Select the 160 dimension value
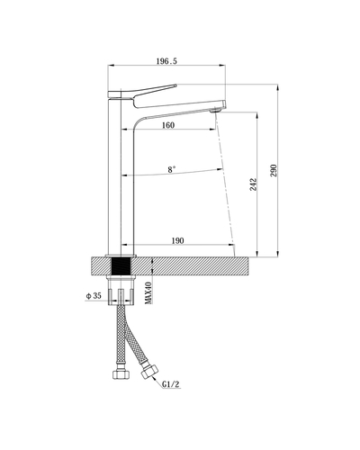[x=168, y=125]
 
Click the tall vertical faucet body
[x=121, y=180]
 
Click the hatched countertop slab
[x=198, y=265]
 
